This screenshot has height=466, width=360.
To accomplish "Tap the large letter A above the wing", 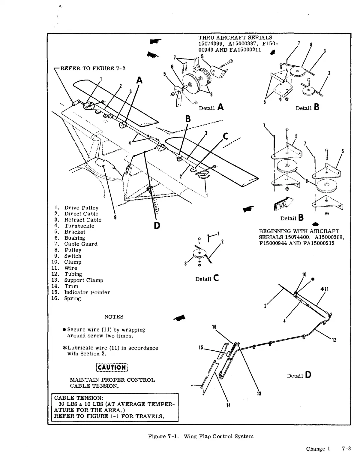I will point(139,80).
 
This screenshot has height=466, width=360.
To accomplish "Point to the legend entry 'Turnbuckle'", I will point(79,226).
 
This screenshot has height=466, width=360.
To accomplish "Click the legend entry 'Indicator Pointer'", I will point(87,292).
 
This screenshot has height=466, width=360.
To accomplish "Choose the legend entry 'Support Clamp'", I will point(84,280).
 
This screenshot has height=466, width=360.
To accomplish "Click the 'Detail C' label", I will point(207,279).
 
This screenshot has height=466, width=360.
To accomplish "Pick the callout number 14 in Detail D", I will point(228,405).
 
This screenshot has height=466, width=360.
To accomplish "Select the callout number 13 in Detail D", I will point(259,394).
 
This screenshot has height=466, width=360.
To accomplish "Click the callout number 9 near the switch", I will point(115,217).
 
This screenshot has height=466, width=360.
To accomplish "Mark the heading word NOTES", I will point(114,316).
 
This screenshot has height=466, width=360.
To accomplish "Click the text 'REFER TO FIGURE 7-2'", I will point(93,68).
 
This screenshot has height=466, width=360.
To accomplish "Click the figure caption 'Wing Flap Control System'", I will point(218,436).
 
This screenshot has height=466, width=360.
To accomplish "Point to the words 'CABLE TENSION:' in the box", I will point(79,398).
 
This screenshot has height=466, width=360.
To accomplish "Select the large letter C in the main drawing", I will point(226,137).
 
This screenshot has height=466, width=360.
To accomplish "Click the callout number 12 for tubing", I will point(334,340).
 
